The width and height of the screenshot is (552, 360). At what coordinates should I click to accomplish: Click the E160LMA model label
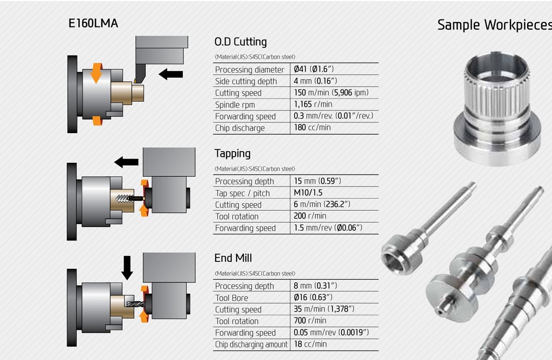(93, 24)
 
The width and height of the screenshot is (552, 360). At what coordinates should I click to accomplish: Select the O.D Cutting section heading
(240, 41)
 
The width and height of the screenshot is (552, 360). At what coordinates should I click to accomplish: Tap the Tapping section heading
(232, 154)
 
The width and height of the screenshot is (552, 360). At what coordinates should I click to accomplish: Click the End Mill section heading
(233, 258)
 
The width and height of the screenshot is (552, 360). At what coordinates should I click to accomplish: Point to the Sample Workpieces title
(494, 25)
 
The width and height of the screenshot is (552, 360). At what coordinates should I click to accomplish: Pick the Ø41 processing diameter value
(314, 69)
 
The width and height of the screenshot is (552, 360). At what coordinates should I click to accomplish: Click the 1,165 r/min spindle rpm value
(313, 104)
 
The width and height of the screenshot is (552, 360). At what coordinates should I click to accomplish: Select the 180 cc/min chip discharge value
(312, 128)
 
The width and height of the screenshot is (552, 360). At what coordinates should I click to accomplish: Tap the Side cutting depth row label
(246, 81)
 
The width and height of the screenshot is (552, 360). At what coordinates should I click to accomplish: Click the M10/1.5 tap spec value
(308, 193)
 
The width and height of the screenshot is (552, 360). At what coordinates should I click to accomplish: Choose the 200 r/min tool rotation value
(310, 216)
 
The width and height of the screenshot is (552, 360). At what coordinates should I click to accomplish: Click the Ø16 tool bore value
(313, 297)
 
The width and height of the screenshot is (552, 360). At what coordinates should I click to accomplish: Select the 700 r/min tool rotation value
(310, 321)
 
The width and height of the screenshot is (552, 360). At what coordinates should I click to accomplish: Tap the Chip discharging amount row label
(251, 344)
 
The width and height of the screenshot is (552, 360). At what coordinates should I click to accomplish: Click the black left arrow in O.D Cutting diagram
(171, 74)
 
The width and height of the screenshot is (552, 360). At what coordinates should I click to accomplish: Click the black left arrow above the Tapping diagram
(127, 162)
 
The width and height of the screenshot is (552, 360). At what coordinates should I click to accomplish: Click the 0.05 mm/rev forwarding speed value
(331, 333)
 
